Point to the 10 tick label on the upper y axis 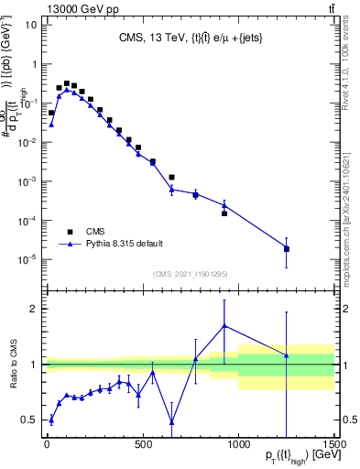(29, 25)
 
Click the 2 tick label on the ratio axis (33, 309)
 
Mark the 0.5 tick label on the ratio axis (29, 420)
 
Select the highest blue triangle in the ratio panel (224, 325)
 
